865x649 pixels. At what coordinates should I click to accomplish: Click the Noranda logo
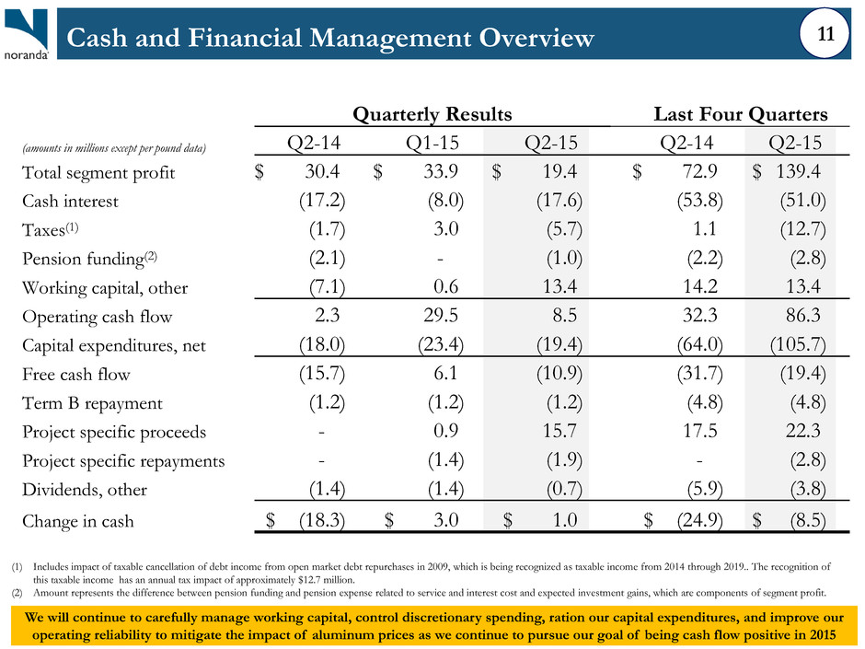click(27, 34)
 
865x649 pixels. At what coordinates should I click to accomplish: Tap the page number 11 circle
click(825, 34)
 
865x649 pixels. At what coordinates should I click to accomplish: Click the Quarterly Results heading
click(432, 114)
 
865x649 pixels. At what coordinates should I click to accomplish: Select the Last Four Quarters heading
click(741, 114)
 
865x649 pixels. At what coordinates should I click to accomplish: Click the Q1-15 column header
click(432, 143)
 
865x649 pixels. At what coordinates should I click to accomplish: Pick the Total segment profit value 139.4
click(798, 171)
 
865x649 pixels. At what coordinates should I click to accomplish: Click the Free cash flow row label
click(76, 374)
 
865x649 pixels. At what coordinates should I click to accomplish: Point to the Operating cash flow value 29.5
click(440, 315)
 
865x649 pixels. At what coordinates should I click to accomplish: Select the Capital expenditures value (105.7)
click(798, 344)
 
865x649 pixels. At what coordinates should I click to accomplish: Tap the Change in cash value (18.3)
click(322, 520)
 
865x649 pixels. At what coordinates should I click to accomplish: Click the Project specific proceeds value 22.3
click(803, 431)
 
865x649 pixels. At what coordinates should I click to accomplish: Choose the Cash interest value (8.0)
click(445, 201)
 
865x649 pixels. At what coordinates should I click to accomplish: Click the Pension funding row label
click(89, 259)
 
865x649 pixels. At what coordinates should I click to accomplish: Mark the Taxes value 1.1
click(705, 229)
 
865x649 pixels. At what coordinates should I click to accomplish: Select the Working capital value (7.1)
click(327, 287)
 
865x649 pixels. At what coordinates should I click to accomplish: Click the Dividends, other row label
click(85, 490)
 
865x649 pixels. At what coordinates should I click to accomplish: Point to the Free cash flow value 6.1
click(445, 373)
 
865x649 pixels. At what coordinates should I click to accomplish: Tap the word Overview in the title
click(536, 38)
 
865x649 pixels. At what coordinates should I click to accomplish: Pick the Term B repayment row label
click(92, 403)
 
